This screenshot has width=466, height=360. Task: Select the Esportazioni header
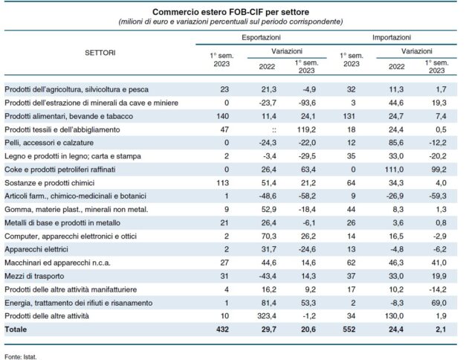click(261, 36)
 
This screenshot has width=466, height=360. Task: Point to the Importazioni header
click(394, 36)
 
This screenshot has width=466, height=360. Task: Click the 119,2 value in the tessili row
click(306, 129)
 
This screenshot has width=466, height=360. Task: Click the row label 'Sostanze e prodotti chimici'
click(51, 182)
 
